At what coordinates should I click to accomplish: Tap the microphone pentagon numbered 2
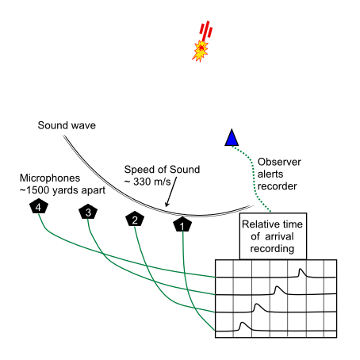click(x=136, y=219)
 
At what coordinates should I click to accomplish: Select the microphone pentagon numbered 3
click(x=88, y=212)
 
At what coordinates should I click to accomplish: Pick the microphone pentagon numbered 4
click(x=38, y=206)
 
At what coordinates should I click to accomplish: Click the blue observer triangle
click(x=232, y=139)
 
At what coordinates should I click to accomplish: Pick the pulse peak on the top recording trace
click(x=301, y=270)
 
